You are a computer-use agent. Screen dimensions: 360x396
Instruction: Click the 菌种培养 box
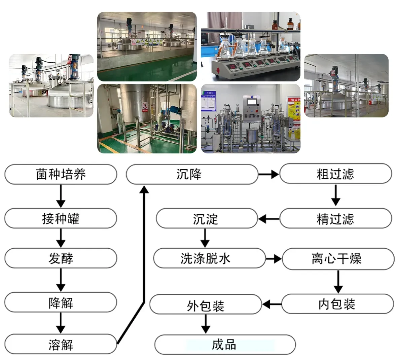click(61, 174)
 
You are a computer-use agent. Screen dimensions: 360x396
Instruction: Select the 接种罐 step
click(61, 218)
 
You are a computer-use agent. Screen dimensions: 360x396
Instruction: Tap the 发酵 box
click(61, 258)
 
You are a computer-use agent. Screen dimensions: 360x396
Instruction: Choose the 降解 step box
click(61, 302)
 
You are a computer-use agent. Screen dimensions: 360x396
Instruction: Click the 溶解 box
click(61, 344)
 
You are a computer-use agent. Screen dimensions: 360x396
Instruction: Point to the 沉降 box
click(192, 174)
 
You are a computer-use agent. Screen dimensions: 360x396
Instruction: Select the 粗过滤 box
click(335, 174)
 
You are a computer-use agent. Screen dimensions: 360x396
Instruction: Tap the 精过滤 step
click(335, 218)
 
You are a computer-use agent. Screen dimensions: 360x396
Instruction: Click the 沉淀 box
click(206, 218)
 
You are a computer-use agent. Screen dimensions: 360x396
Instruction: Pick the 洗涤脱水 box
click(209, 258)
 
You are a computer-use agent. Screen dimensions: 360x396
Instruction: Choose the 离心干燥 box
click(338, 259)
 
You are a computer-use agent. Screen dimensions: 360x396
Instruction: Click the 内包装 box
click(337, 304)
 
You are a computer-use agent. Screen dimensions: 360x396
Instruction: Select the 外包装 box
click(205, 304)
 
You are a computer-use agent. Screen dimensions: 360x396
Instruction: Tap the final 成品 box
click(225, 345)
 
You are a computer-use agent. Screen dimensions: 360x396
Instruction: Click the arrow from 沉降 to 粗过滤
click(269, 174)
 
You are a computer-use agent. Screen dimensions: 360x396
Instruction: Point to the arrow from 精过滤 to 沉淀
click(268, 219)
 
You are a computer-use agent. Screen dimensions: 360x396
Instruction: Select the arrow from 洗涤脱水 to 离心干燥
click(274, 259)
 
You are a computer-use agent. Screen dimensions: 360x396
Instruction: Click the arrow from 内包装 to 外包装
click(272, 304)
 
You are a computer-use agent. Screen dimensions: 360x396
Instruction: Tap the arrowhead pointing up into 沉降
click(144, 190)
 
